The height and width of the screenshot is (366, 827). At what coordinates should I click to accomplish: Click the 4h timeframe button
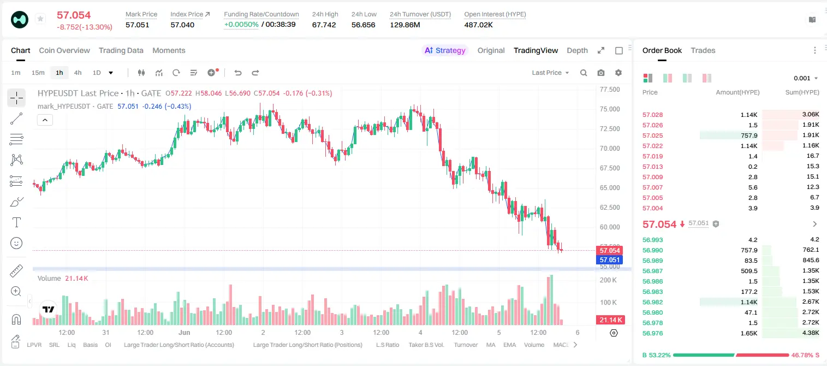point(78,73)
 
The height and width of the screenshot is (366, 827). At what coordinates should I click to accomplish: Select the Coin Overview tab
point(64,50)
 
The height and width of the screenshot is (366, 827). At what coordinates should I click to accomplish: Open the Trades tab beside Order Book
point(703,50)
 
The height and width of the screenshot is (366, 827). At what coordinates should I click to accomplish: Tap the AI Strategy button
point(445,50)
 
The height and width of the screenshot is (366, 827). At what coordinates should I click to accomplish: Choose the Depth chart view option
point(577,50)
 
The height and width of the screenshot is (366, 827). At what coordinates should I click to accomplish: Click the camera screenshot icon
point(601,73)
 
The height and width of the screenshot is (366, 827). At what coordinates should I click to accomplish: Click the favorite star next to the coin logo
point(40,19)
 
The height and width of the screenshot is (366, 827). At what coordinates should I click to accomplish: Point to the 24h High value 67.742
point(324,25)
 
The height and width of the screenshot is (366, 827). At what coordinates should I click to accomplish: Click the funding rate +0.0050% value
point(241,25)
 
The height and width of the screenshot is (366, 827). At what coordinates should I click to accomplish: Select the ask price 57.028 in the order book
point(652,115)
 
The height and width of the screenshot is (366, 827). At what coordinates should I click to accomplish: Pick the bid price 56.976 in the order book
point(652,333)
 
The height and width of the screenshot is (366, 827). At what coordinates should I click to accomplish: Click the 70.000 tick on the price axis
point(610,149)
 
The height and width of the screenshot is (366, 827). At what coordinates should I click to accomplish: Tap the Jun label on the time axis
point(184,332)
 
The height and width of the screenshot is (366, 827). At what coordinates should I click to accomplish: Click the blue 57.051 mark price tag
point(609,259)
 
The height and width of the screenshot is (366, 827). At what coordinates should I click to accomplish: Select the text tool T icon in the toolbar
point(16,222)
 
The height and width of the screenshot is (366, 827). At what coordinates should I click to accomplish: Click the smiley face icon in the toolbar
point(16,243)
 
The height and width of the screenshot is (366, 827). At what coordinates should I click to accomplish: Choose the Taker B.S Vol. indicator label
point(426,345)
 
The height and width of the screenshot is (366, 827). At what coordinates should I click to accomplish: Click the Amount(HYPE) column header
point(737,92)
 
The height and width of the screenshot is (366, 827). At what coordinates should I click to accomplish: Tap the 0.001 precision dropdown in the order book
point(806,78)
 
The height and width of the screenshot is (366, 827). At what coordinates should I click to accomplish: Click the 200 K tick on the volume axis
point(608,280)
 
